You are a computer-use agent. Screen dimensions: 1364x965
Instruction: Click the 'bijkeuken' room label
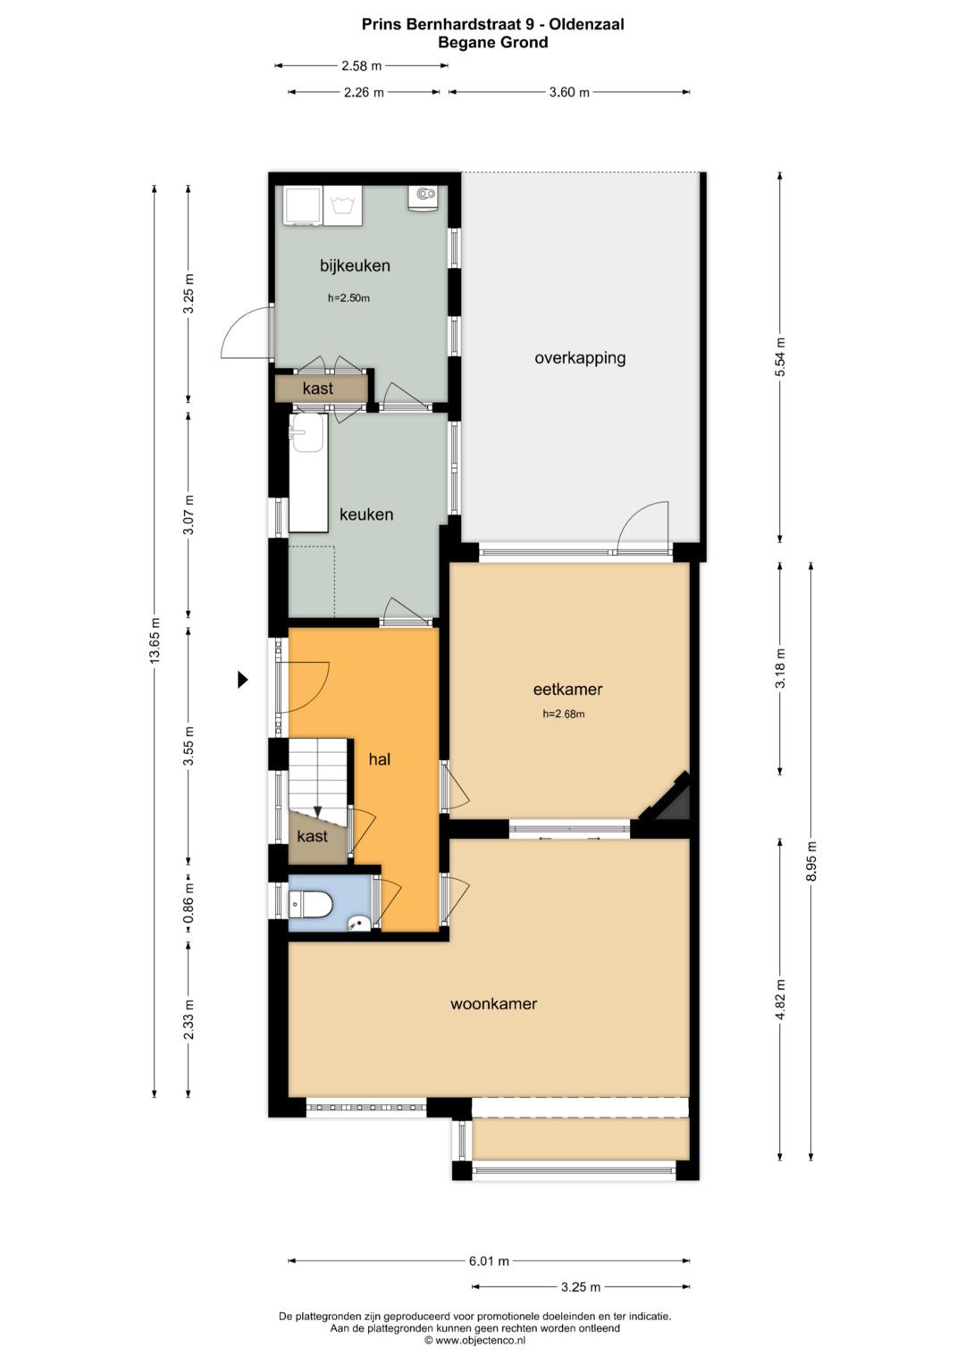pos(355,265)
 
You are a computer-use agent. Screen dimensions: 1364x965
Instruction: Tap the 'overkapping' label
pos(580,358)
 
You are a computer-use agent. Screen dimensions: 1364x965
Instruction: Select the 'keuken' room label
pos(365,515)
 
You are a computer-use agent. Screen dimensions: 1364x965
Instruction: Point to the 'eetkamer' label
pos(567,689)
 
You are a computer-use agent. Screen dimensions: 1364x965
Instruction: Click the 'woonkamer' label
pos(493,1004)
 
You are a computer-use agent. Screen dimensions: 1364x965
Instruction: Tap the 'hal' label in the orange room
pos(380,759)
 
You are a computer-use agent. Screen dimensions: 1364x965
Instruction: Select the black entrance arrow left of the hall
pos(241,680)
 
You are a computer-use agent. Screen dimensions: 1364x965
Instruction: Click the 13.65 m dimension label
pos(155,641)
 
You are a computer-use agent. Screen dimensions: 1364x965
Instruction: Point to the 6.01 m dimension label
pos(489,1261)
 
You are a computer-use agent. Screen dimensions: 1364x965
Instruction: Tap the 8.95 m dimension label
pos(811,862)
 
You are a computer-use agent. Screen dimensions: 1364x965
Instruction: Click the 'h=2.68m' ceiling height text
pos(564,714)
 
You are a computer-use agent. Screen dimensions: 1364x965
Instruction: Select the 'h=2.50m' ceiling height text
pos(348,298)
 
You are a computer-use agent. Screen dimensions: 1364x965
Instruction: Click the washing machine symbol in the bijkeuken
pos(343,205)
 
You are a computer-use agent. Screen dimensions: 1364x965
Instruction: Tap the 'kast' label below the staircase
pos(313,837)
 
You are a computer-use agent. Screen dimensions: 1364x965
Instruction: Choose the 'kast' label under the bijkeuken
pos(318,389)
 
